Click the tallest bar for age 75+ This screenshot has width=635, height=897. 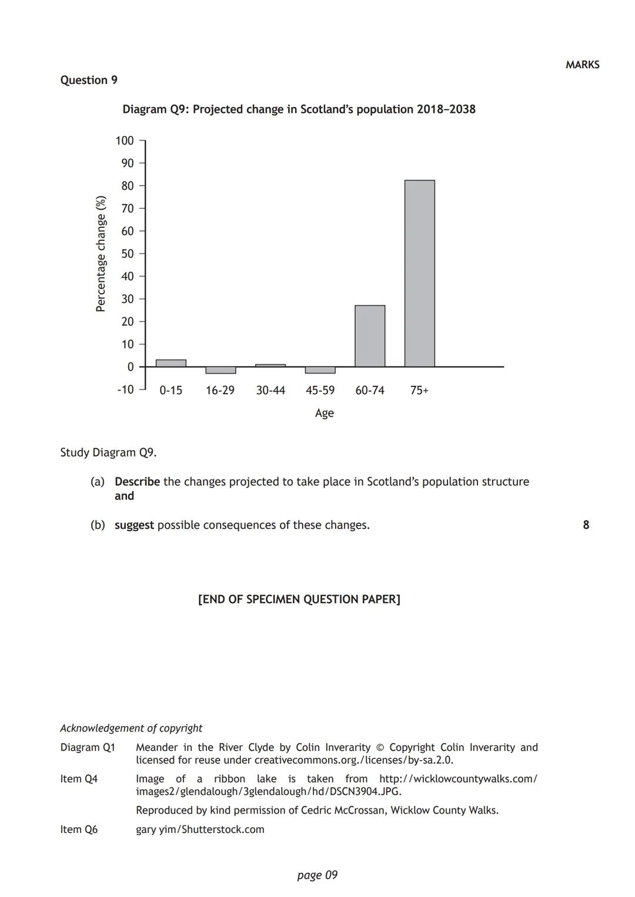click(x=419, y=273)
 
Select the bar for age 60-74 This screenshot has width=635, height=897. click(x=370, y=336)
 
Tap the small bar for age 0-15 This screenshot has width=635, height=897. click(x=171, y=363)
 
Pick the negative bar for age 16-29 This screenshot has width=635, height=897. click(x=220, y=370)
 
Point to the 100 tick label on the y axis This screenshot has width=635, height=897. click(x=125, y=140)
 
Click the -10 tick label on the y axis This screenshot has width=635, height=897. click(x=125, y=389)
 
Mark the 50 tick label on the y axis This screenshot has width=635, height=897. click(x=128, y=254)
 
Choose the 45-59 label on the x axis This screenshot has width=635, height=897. click(x=320, y=391)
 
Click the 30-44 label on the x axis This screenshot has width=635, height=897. click(x=270, y=391)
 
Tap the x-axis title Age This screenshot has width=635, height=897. click(x=324, y=413)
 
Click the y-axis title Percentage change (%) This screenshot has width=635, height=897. click(x=101, y=254)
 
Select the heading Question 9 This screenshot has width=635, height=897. click(x=89, y=80)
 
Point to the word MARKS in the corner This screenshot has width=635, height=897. click(x=582, y=65)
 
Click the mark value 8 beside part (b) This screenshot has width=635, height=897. click(x=586, y=525)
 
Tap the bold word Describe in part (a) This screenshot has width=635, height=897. click(x=137, y=482)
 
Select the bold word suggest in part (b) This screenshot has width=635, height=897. click(x=134, y=525)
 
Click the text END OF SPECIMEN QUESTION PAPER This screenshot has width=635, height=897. click(x=299, y=599)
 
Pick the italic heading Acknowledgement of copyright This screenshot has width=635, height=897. click(x=131, y=728)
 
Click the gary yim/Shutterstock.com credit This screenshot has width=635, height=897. click(x=200, y=829)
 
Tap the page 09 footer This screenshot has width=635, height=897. click(x=317, y=875)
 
